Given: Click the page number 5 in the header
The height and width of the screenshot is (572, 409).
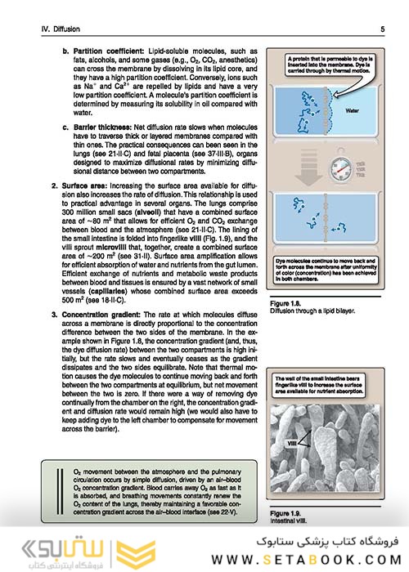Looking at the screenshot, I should tap(383, 29).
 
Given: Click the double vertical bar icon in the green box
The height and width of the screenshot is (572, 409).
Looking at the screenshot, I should tap(59, 488).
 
